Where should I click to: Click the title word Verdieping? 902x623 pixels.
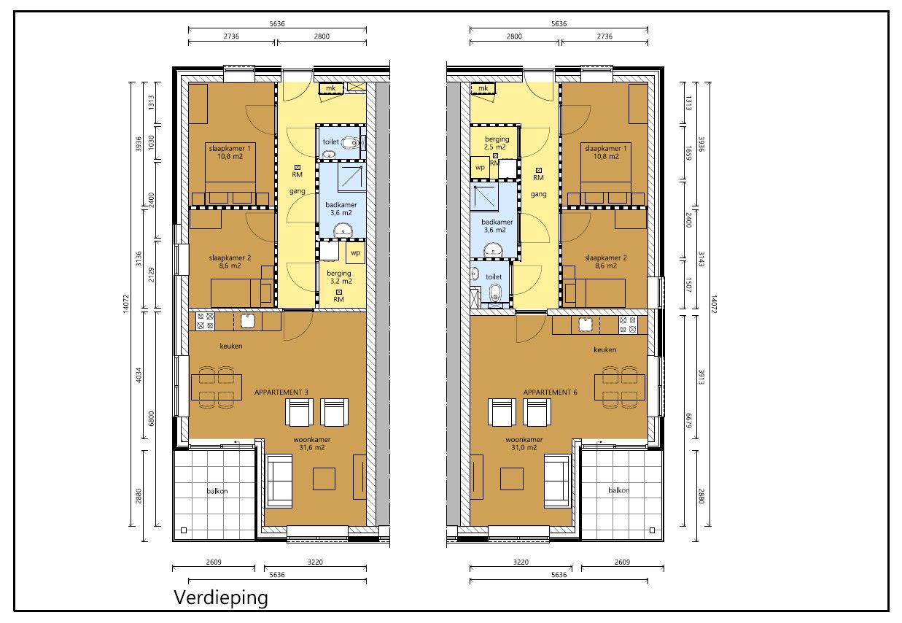221,598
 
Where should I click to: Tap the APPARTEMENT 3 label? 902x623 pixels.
281,392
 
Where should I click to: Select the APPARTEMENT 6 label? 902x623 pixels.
550,392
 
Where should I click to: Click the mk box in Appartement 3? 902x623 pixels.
331,88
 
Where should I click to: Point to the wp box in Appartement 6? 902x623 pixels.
480,167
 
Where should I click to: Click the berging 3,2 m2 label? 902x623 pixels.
339,277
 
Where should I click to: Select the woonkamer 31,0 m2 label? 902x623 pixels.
525,444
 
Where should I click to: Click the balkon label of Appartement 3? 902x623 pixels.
217,491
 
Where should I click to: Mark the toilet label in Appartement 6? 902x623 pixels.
494,277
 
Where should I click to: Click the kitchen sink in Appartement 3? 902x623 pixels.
248,320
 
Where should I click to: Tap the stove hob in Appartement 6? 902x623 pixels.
627,324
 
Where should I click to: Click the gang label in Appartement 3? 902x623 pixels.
297,191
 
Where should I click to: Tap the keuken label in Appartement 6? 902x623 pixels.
605,349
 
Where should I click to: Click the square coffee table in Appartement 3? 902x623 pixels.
324,479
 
